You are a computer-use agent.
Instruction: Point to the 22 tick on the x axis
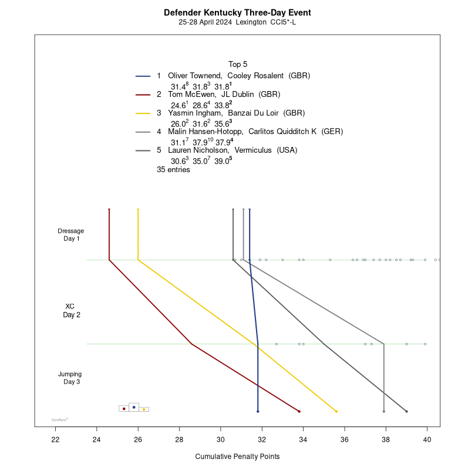(56, 439)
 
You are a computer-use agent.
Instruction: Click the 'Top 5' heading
(238, 64)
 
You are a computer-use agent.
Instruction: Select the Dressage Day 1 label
(71, 234)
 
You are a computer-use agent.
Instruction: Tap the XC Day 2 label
(70, 310)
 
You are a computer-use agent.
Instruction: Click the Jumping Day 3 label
(70, 378)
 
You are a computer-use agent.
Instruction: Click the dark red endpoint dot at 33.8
(299, 411)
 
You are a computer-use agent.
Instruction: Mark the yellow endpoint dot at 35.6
(336, 411)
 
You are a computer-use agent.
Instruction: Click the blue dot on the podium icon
(134, 407)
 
